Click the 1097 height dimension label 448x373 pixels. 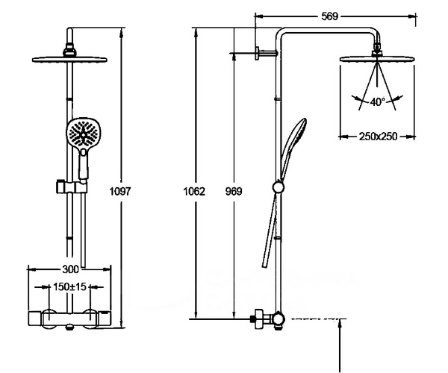click(x=120, y=191)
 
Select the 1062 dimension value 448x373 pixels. click(x=194, y=191)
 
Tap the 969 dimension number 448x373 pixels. click(x=234, y=191)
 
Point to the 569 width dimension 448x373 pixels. click(x=330, y=16)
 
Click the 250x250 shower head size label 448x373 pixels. click(x=378, y=137)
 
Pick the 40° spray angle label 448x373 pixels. click(x=377, y=101)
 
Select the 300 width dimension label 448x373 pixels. click(x=70, y=269)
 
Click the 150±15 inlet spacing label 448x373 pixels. click(x=69, y=286)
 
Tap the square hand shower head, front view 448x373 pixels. click(x=84, y=133)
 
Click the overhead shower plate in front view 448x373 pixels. click(x=69, y=60)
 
